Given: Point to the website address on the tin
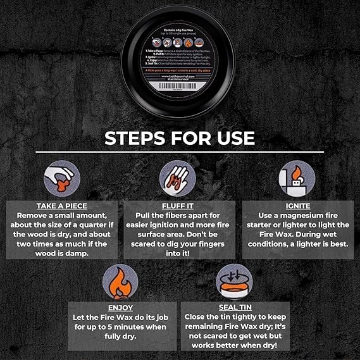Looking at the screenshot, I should click(180, 77).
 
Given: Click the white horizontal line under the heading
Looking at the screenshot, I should click(180, 152).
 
